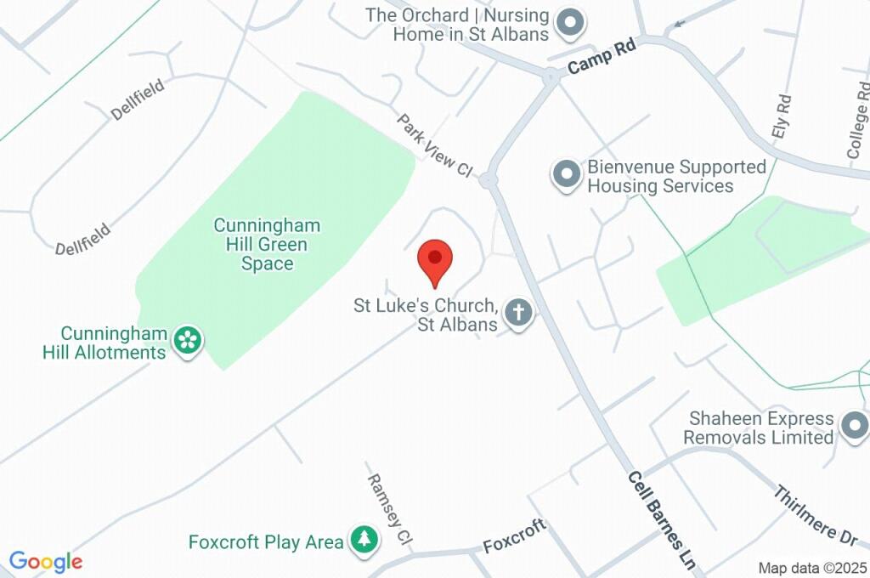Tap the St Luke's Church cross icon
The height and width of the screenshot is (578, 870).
point(518,314)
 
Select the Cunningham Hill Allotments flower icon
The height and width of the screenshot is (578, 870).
point(187,342)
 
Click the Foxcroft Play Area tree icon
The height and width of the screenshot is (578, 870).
point(364,540)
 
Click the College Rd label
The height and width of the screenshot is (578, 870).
point(856,120)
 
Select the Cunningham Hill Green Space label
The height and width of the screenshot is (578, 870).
point(267,244)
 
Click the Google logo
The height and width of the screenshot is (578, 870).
point(46,562)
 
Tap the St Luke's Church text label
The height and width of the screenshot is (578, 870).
point(425,314)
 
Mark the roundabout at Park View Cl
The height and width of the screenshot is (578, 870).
point(488,180)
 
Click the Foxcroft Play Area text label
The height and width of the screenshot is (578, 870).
point(266,541)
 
